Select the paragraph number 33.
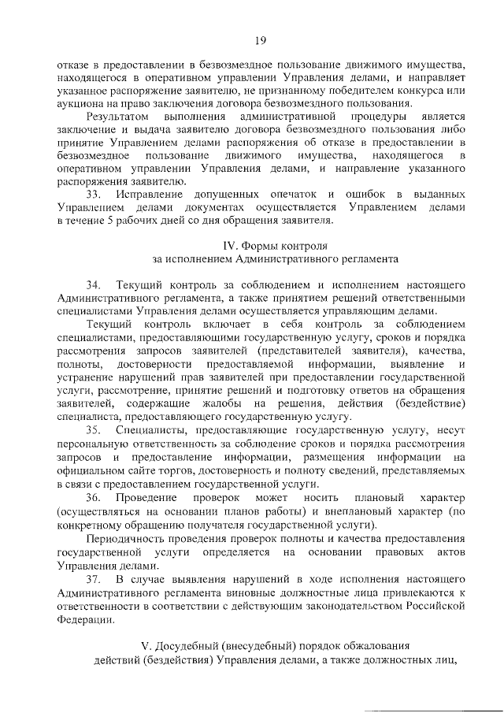[x=95, y=194]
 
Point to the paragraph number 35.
[x=95, y=430]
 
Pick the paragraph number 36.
[x=95, y=500]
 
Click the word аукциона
[x=80, y=104]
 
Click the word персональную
[x=91, y=444]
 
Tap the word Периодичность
[x=125, y=538]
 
